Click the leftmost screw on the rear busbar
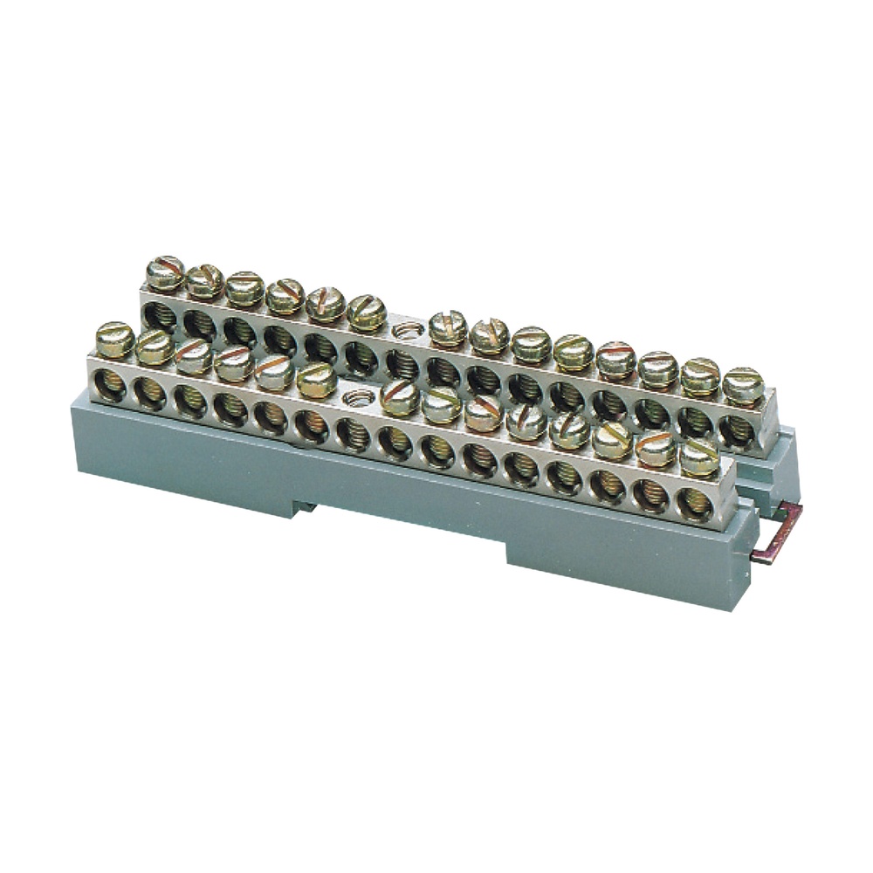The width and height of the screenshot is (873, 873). tap(165, 273)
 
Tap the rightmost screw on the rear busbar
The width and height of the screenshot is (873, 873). tap(743, 386)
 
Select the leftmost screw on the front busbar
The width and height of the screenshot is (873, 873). tap(114, 340)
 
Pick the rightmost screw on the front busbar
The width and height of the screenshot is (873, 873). tap(699, 457)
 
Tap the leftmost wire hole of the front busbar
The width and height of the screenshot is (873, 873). tap(109, 385)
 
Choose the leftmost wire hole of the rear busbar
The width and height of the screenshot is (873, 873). tap(159, 315)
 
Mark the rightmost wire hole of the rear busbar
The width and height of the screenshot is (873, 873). tap(736, 431)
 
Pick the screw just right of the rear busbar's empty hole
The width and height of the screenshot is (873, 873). tap(448, 328)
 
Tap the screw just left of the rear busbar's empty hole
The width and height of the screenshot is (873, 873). tap(367, 313)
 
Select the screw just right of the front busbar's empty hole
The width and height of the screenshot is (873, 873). tap(400, 397)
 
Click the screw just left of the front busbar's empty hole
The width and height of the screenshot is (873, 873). tap(316, 380)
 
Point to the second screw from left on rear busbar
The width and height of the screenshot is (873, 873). tap(205, 281)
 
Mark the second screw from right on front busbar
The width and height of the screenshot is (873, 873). tap(656, 449)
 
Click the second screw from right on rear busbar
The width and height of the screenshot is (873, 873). tap(701, 377)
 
